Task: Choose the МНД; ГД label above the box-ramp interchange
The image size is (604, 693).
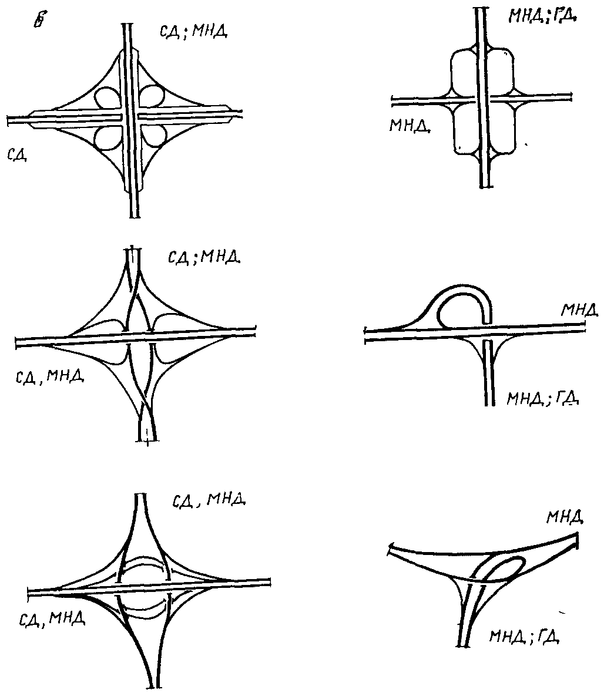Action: (x=542, y=16)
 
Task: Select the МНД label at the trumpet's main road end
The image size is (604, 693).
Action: (x=578, y=309)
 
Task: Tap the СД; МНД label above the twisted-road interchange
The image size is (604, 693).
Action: (x=204, y=258)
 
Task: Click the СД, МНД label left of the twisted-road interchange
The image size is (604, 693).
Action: (x=49, y=376)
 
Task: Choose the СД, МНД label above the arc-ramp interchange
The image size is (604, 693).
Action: (x=209, y=501)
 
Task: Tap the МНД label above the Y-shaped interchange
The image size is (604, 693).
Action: (x=565, y=517)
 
